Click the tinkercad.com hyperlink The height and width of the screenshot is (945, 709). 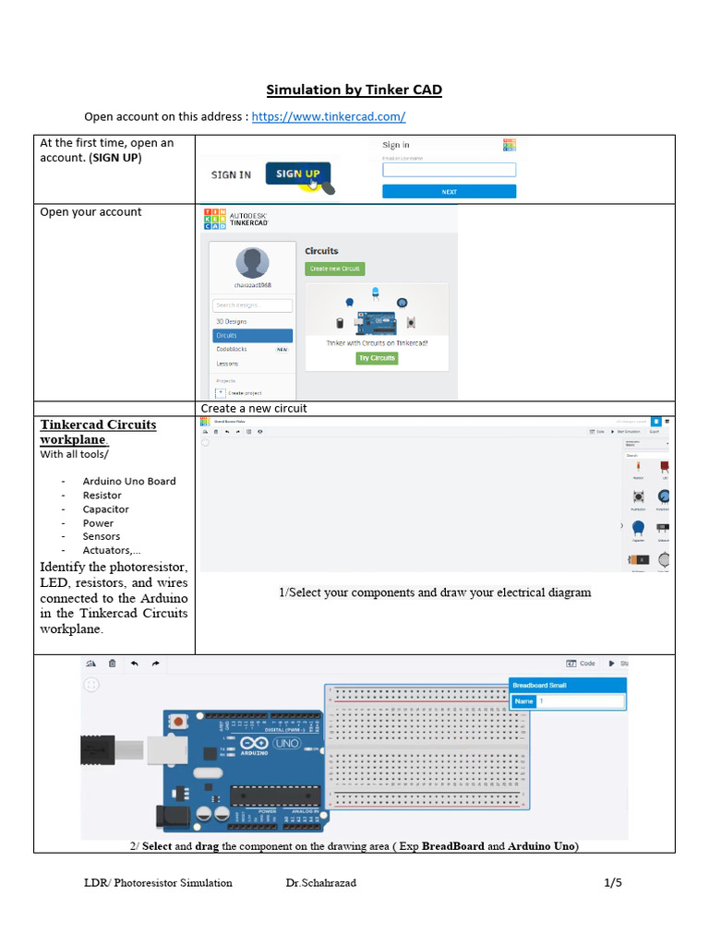(329, 117)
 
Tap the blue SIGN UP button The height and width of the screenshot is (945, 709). (297, 173)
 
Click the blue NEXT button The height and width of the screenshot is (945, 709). (449, 192)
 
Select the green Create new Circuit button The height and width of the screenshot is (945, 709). (335, 269)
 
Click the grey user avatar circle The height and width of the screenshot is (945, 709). (252, 263)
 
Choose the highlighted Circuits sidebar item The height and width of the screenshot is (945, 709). (252, 336)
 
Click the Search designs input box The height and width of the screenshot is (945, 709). (252, 305)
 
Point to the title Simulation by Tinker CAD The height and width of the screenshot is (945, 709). (354, 90)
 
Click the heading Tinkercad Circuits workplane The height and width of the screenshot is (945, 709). (98, 432)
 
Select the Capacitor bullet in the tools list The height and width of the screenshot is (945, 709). (105, 508)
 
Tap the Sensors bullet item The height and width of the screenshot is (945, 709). (102, 536)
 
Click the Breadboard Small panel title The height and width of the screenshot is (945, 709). (566, 685)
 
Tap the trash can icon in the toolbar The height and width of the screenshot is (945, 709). (113, 663)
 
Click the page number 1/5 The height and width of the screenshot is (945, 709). (613, 883)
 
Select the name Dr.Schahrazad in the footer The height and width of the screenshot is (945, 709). (321, 883)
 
